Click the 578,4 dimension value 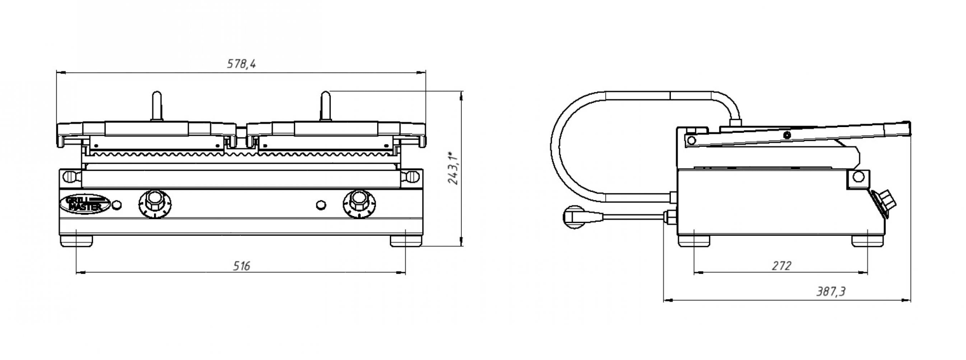(241, 64)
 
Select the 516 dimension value (241, 266)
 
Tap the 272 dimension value (781, 266)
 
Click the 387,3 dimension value (831, 291)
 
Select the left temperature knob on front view (154, 201)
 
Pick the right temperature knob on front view (358, 202)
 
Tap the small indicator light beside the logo (116, 205)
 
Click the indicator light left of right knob (321, 205)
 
